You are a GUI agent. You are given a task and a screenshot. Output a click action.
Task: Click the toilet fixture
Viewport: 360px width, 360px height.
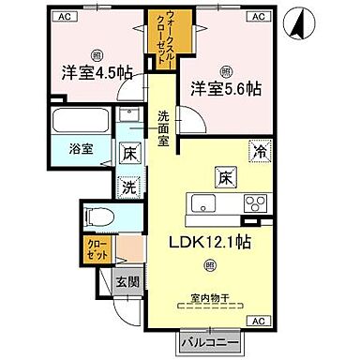point(97,216)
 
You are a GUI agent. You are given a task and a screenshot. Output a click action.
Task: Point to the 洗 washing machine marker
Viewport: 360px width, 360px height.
point(129,187)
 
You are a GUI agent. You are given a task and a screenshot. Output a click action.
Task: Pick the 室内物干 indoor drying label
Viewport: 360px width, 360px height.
point(209,297)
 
